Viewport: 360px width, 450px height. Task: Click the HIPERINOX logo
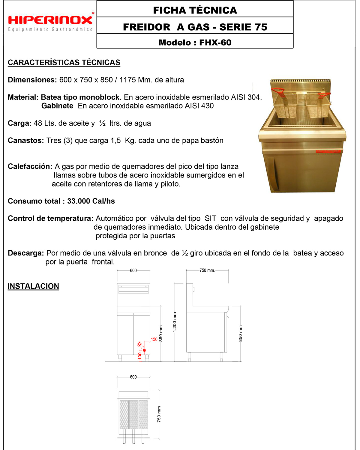[x=50, y=20]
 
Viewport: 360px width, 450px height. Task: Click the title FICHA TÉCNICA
[x=195, y=10]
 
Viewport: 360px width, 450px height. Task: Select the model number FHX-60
[x=215, y=43]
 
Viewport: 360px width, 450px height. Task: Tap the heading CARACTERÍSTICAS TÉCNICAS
[x=64, y=62]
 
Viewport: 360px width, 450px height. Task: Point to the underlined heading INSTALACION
[x=33, y=286]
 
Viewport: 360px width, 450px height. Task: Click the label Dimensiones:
[x=32, y=80]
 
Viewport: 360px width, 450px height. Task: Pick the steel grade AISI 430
[x=199, y=106]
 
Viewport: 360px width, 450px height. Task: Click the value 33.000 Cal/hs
[x=91, y=201]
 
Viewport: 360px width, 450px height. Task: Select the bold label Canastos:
[x=26, y=141]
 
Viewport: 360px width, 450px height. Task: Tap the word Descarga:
[x=26, y=253]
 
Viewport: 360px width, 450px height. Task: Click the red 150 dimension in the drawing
[x=154, y=339]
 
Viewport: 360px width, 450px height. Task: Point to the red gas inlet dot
[x=144, y=350]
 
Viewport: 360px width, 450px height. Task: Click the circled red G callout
[x=139, y=344]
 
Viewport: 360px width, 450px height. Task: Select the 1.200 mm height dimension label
[x=175, y=322]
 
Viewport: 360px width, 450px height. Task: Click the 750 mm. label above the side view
[x=207, y=270]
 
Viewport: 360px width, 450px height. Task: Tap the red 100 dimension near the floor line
[x=140, y=356]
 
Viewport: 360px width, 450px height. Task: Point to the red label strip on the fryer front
[x=328, y=151]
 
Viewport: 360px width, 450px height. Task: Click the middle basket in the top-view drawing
[x=133, y=415]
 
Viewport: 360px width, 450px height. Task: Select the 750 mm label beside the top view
[x=159, y=414]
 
